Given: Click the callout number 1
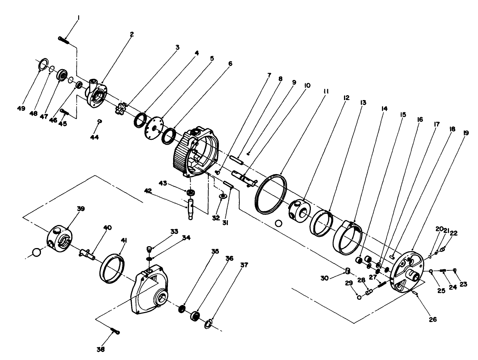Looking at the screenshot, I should click(78, 17).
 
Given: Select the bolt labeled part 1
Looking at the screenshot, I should click(64, 39).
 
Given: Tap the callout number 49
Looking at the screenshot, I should click(21, 108).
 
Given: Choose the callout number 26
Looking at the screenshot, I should click(433, 319).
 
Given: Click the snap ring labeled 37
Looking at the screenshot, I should click(209, 323).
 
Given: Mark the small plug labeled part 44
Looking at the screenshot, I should click(99, 121).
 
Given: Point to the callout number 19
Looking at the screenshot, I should click(466, 132).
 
